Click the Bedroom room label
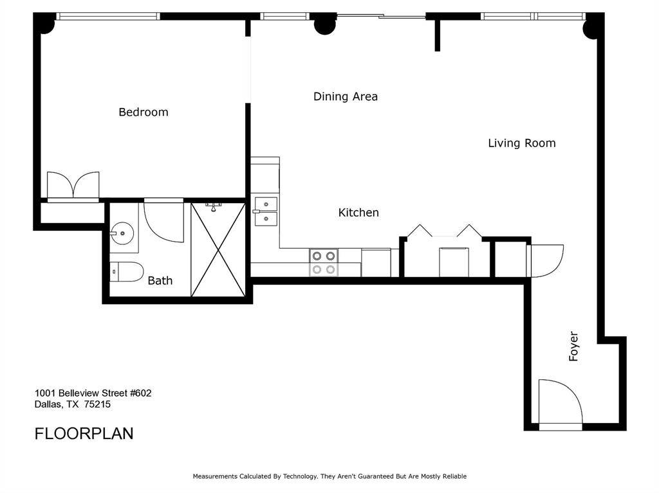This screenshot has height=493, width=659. pyautogui.click(x=144, y=112)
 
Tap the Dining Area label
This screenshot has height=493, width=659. pyautogui.click(x=345, y=96)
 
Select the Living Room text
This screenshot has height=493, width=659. pyautogui.click(x=521, y=143)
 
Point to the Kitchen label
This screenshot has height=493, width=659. pyautogui.click(x=358, y=212)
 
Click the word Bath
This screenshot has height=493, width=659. pyautogui.click(x=160, y=280)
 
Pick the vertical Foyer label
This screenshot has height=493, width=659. pyautogui.click(x=574, y=346)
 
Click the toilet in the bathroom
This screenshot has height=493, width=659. pyautogui.click(x=125, y=273)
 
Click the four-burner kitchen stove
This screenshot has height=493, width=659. pyautogui.click(x=324, y=262)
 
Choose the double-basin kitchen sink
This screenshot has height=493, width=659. pyautogui.click(x=265, y=211)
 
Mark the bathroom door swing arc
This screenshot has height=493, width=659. pyautogui.click(x=163, y=222)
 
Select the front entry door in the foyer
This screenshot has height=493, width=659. pyautogui.click(x=560, y=404)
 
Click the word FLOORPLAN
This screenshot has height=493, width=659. pyautogui.click(x=84, y=433)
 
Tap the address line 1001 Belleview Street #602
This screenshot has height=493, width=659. pyautogui.click(x=93, y=393)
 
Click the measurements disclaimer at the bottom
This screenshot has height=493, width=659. pyautogui.click(x=329, y=476)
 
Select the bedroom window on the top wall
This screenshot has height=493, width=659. pyautogui.click(x=107, y=16)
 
